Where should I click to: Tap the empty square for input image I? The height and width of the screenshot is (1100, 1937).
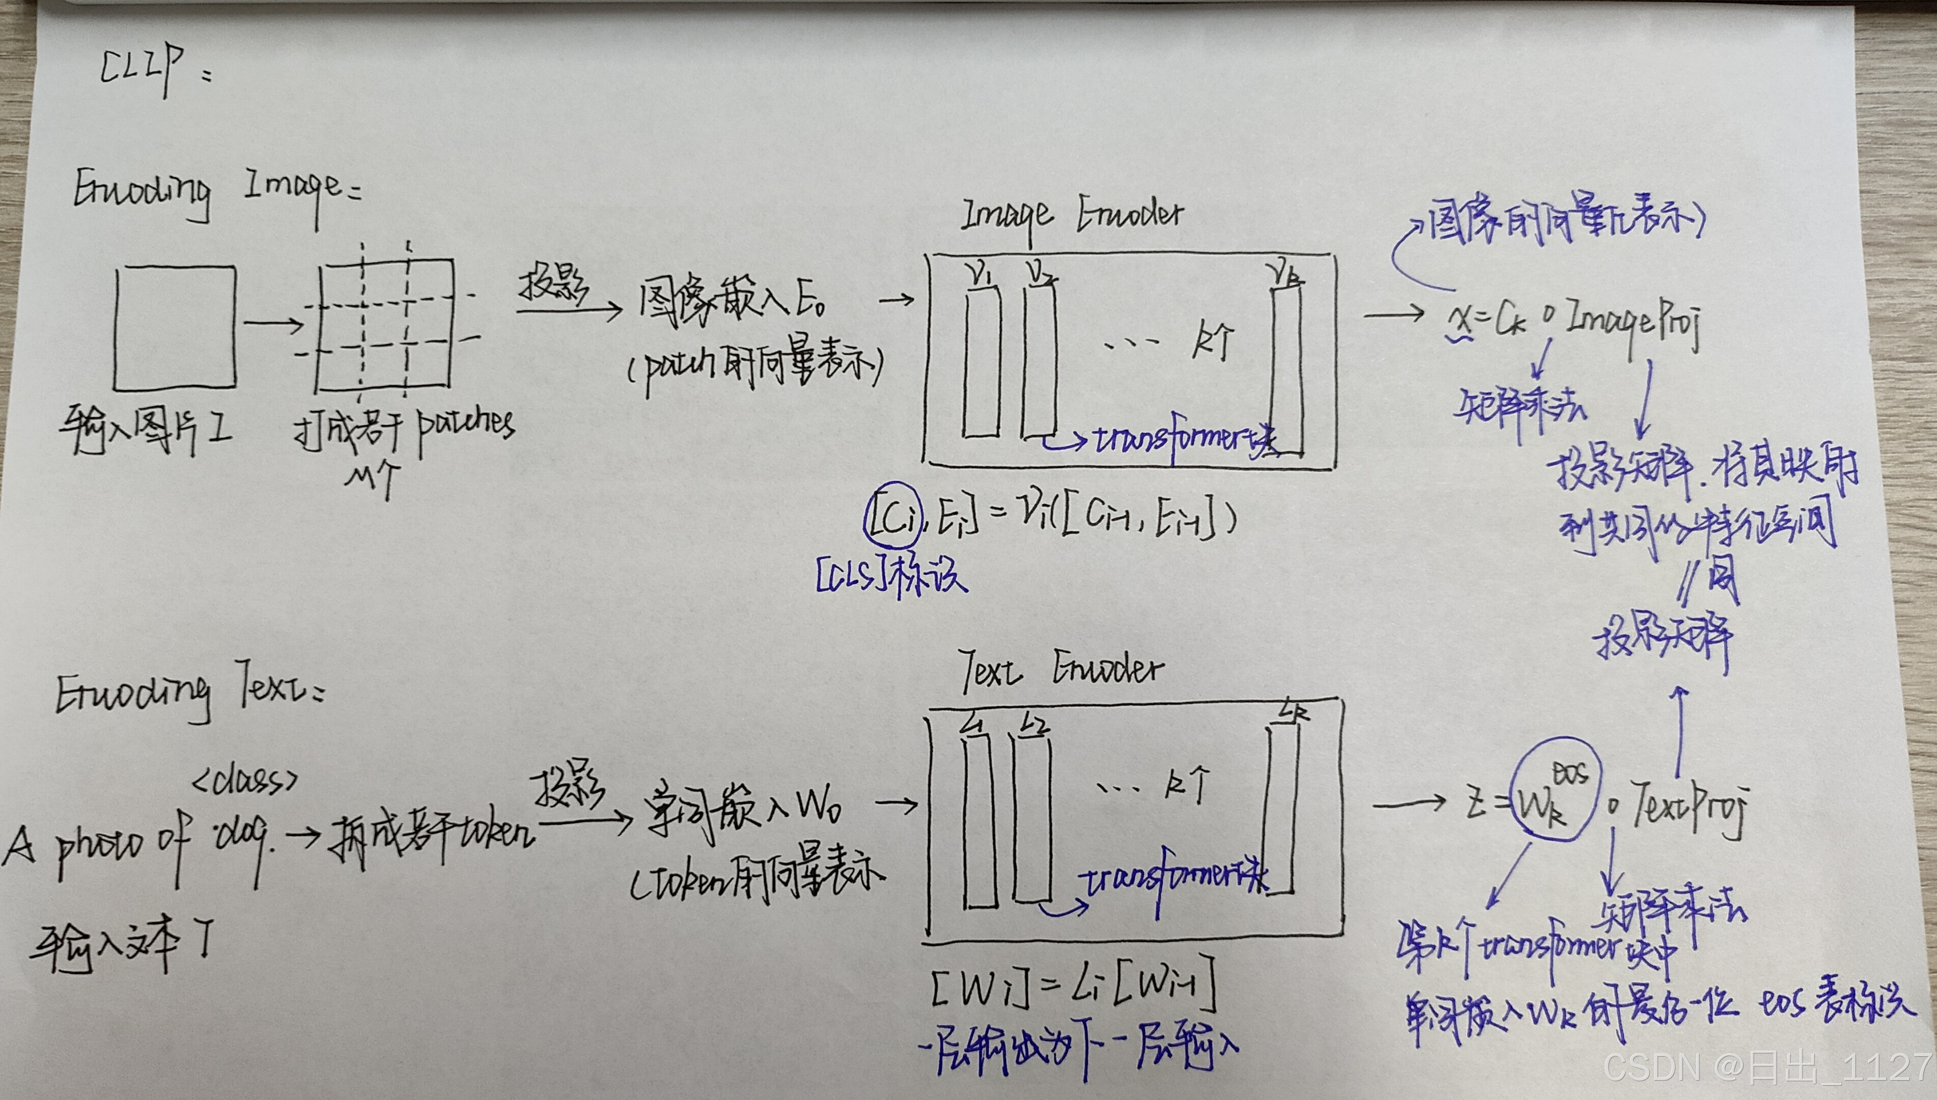click(x=175, y=327)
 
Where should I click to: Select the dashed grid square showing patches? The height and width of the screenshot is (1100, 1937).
click(x=385, y=326)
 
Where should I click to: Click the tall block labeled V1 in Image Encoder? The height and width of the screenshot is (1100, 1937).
click(x=981, y=361)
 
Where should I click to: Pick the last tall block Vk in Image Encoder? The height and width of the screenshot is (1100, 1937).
click(x=1287, y=370)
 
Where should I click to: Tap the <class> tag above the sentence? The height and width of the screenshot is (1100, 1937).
click(x=244, y=781)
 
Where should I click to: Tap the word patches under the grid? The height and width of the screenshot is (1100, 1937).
click(x=465, y=425)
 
